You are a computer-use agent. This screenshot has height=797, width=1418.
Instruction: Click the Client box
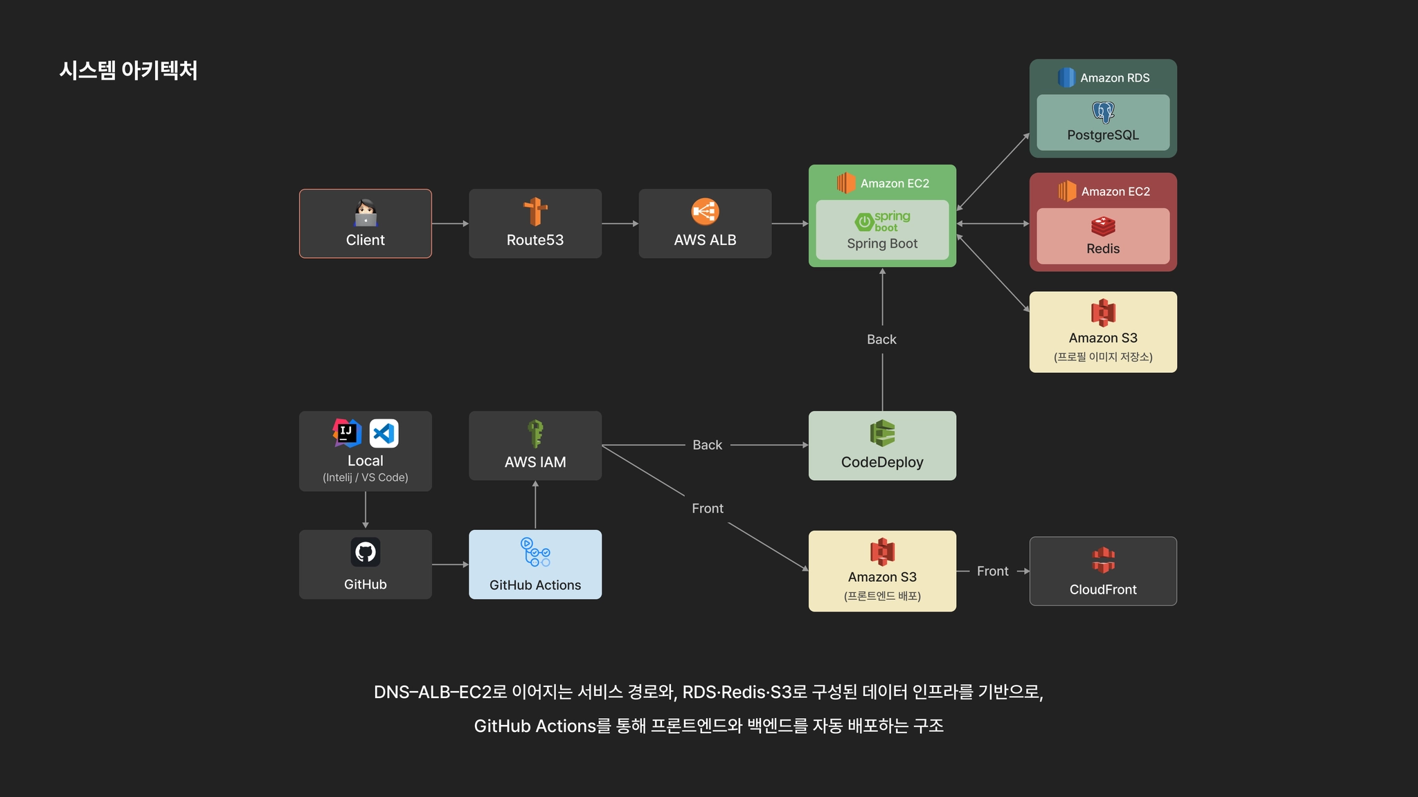(x=365, y=223)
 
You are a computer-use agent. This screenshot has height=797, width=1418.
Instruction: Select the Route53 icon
(x=535, y=212)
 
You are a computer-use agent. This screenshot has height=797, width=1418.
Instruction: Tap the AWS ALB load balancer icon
(x=705, y=212)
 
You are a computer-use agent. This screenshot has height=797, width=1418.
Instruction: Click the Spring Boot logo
(x=882, y=221)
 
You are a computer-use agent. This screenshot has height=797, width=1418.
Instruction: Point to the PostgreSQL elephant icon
(x=1103, y=112)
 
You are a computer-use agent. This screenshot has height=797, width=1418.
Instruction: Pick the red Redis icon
(x=1103, y=226)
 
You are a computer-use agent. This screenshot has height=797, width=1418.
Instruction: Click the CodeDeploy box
(x=882, y=446)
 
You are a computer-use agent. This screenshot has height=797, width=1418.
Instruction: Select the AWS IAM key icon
(x=535, y=434)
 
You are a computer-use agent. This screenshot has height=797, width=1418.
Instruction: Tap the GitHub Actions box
(x=535, y=565)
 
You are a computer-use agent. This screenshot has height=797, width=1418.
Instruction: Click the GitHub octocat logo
(x=365, y=552)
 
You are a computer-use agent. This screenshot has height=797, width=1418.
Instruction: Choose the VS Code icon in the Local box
(x=384, y=434)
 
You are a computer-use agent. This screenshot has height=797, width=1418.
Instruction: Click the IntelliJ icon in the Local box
(x=347, y=433)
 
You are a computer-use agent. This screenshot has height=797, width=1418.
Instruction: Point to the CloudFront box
(x=1103, y=571)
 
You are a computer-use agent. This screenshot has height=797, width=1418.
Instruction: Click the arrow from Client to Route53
(x=450, y=223)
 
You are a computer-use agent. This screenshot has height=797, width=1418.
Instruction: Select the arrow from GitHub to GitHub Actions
(x=450, y=565)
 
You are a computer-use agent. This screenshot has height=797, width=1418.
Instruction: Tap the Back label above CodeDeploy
(x=881, y=340)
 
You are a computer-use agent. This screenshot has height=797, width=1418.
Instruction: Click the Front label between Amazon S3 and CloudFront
(x=992, y=571)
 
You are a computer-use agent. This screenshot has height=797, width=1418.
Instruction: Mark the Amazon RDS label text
(x=1115, y=78)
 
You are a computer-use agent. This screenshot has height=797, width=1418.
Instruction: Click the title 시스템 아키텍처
(x=129, y=71)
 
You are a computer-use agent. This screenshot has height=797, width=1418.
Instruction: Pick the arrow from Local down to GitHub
(x=366, y=510)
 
